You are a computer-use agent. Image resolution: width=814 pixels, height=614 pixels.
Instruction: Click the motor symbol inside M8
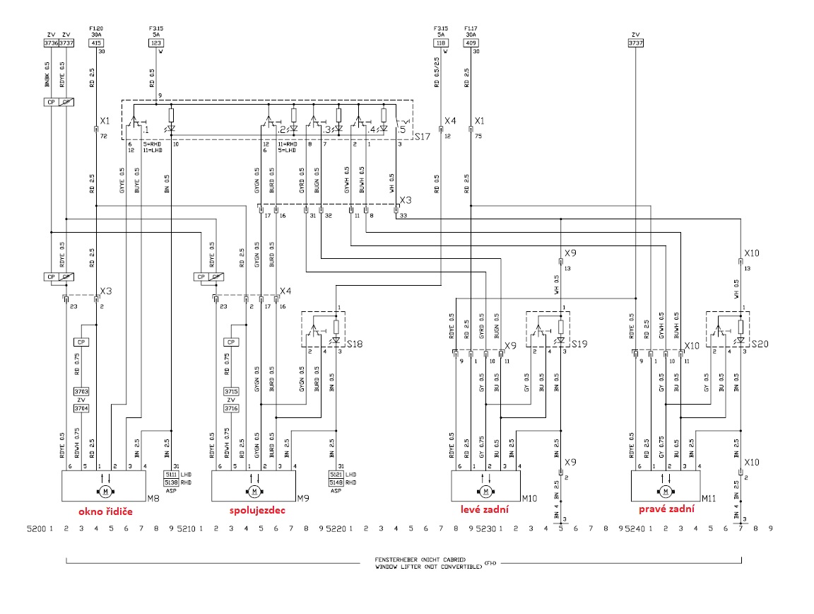105,491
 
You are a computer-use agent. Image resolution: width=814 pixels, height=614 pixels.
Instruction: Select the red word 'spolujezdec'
256,510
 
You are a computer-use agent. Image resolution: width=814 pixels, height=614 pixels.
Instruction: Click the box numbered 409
471,42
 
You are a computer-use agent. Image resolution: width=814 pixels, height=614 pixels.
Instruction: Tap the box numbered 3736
51,42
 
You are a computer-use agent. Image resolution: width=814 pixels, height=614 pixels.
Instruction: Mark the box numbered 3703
81,391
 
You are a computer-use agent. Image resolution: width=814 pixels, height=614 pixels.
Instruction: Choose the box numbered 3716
230,408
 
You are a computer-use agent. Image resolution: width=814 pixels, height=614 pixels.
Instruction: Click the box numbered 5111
172,474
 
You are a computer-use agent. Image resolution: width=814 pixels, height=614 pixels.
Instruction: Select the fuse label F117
471,28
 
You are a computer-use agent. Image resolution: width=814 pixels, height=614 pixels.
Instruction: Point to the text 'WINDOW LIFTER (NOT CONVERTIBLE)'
428,567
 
